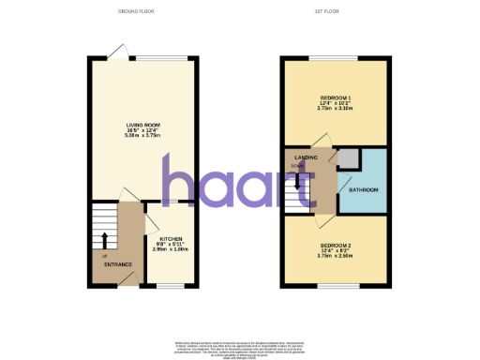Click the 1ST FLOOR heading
pos(335,12)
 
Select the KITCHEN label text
pos(171,238)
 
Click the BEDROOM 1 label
pos(335,97)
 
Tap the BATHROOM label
pos(364,191)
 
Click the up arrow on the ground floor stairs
pos(104,239)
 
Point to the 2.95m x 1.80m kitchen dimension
pos(171,250)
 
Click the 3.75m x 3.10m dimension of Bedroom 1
pos(335,109)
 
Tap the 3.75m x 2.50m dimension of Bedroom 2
pos(335,254)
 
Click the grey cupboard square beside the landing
pos(348,158)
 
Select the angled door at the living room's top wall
pos(115,51)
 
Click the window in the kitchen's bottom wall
pos(170,285)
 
